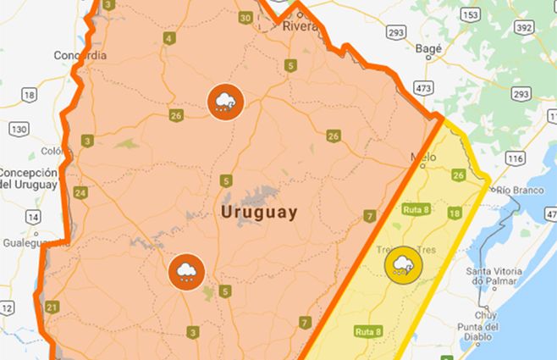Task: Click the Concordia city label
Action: pyautogui.click(x=80, y=55)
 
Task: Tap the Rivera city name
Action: pyautogui.click(x=301, y=26)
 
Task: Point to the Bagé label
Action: pyautogui.click(x=429, y=49)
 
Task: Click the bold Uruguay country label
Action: pyautogui.click(x=259, y=212)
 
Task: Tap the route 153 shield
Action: pyautogui.click(x=471, y=16)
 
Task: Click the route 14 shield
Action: pyautogui.click(x=33, y=217)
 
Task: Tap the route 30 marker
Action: pyautogui.click(x=245, y=18)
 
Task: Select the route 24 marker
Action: pyautogui.click(x=80, y=193)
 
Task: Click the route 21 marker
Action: pyautogui.click(x=52, y=307)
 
